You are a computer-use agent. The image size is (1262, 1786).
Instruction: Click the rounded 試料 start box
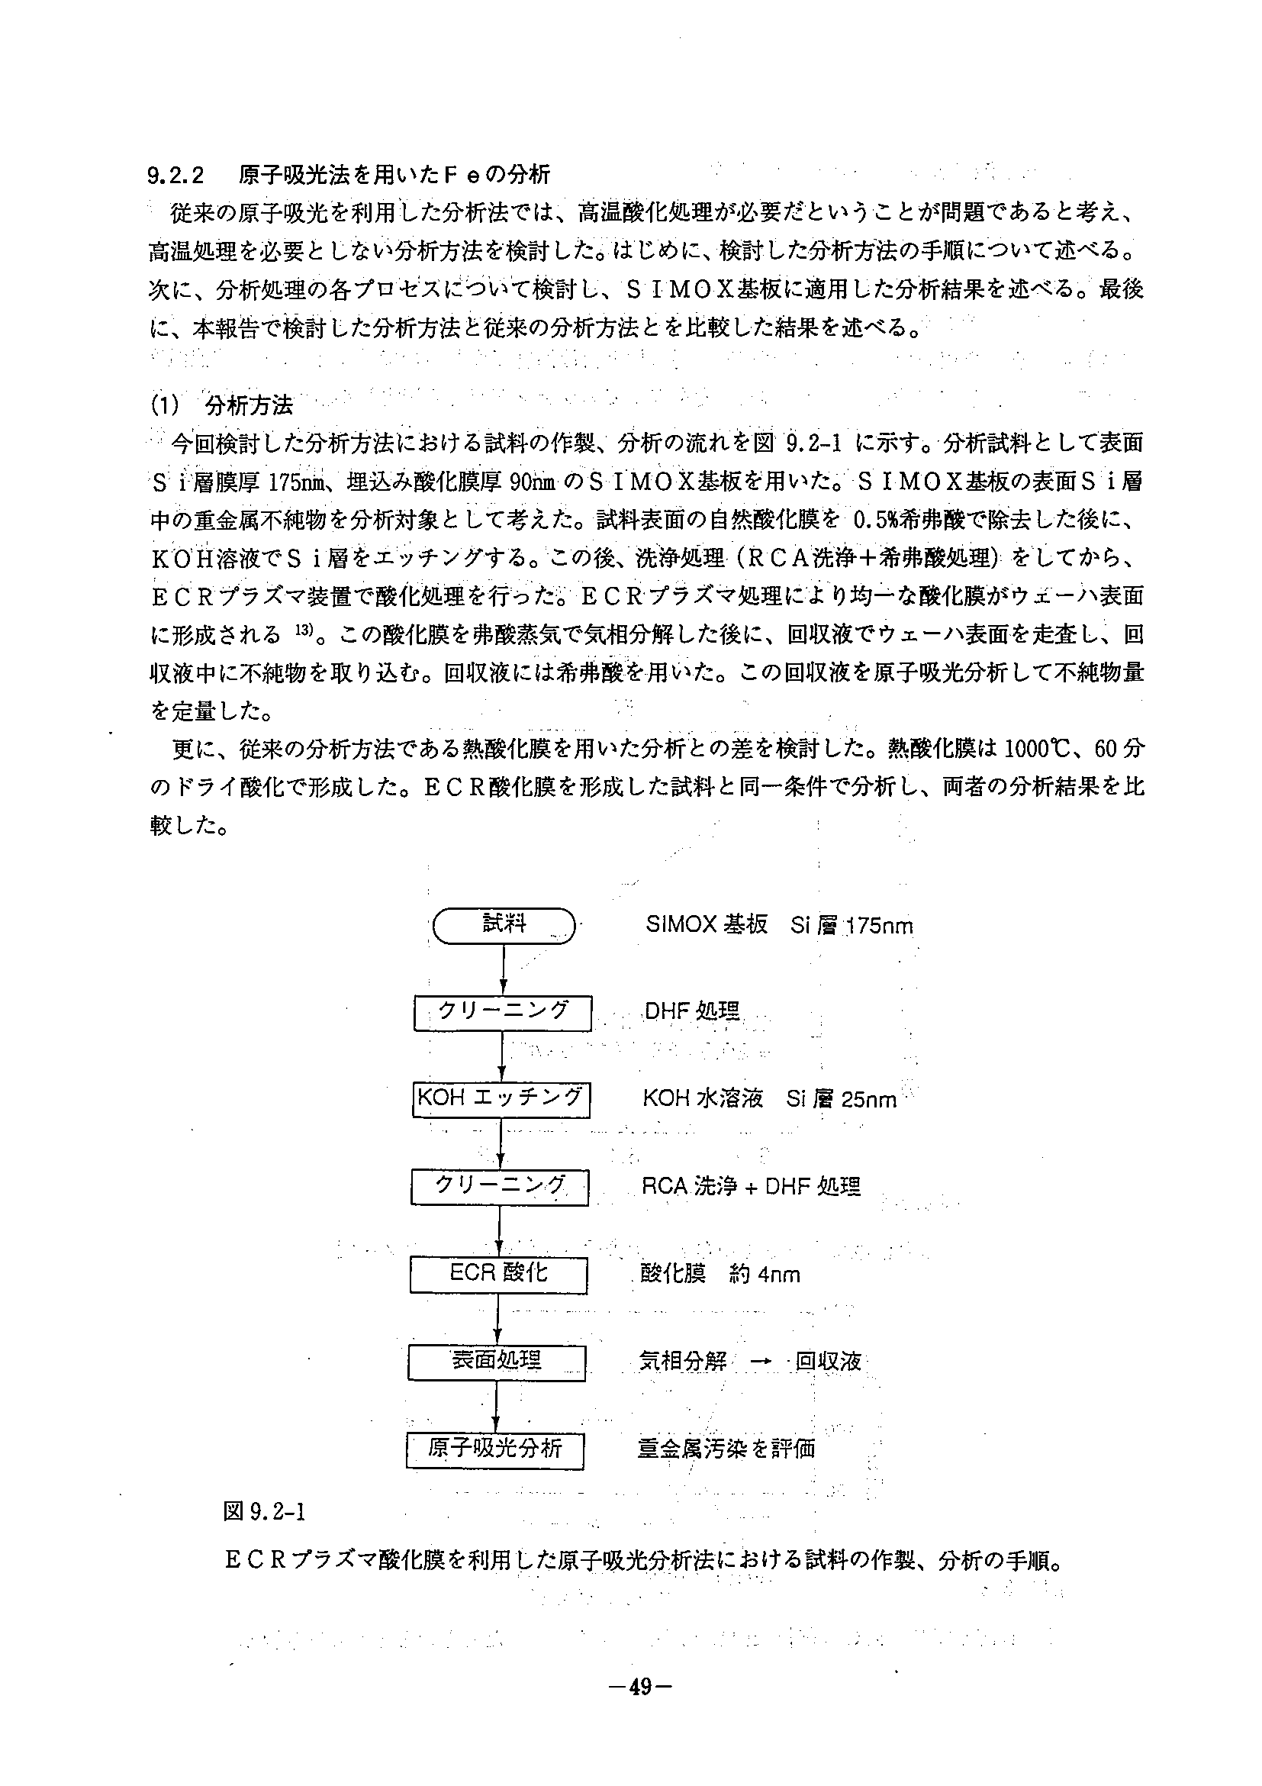coord(504,926)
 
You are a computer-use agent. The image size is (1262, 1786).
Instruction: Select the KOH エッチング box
coord(501,1099)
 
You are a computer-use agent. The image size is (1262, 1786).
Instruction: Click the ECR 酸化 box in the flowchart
coord(498,1273)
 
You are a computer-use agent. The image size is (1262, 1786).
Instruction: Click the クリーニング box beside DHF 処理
coord(503,1012)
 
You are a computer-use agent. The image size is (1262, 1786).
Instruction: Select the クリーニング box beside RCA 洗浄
coord(499,1186)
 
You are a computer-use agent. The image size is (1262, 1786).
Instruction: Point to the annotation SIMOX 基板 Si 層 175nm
coord(778,926)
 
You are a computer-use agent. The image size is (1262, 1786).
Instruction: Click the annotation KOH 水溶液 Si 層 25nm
coord(769,1099)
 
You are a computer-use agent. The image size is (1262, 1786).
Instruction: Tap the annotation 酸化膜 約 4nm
coord(720,1274)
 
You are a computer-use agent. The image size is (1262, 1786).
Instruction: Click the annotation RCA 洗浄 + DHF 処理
coord(750,1187)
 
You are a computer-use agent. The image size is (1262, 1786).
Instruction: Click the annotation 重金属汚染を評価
coord(726,1449)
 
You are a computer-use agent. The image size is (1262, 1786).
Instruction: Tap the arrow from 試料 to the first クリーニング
coord(504,969)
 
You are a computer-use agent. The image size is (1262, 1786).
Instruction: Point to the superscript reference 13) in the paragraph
coord(302,630)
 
